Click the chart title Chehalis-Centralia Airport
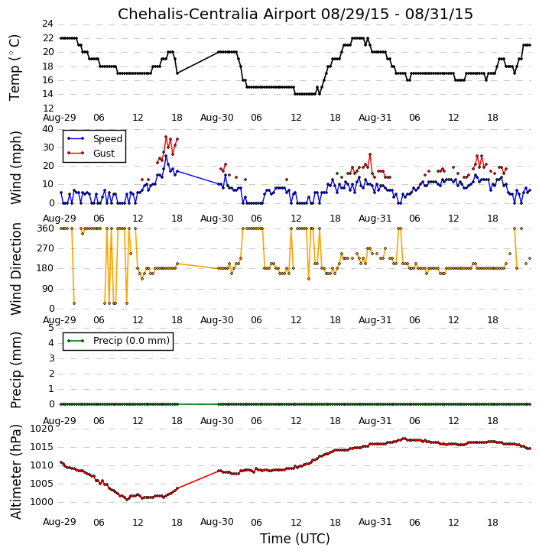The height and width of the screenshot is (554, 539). (x=216, y=14)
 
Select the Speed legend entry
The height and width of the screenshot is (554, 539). (x=95, y=139)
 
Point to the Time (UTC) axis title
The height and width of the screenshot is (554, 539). (x=295, y=539)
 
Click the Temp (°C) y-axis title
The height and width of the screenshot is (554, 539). (x=15, y=67)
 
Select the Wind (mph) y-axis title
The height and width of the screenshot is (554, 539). (x=16, y=167)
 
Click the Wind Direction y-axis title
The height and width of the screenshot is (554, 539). (x=16, y=268)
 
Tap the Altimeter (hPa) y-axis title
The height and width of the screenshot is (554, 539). (x=16, y=471)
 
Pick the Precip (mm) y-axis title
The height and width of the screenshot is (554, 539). (x=16, y=370)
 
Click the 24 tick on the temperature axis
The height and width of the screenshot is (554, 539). (x=47, y=24)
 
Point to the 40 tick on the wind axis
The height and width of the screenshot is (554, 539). (x=47, y=129)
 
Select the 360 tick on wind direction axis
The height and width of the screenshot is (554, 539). (x=46, y=228)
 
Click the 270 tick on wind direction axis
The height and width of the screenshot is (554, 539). (x=46, y=248)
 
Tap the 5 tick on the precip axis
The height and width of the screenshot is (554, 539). (x=51, y=328)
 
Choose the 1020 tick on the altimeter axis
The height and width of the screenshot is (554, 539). (x=42, y=429)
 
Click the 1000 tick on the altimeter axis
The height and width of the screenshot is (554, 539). (x=42, y=502)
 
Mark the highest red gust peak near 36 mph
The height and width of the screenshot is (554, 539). (x=166, y=137)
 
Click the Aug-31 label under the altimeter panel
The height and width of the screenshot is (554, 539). (x=375, y=522)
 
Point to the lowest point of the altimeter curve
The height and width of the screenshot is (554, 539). (x=127, y=500)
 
